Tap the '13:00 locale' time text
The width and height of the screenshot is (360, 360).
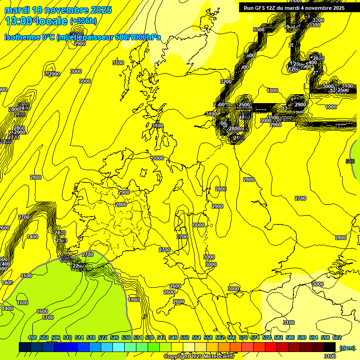37,21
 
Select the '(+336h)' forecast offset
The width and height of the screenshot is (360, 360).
83,21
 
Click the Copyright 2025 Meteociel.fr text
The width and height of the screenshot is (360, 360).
198,356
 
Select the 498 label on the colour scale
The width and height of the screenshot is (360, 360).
32,337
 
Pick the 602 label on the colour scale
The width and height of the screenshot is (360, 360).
337,337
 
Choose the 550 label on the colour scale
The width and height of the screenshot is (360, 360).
185,337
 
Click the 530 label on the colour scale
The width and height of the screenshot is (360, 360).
126,337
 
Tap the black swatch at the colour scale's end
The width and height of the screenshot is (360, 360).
330,347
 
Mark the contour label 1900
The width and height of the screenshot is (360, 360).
134,300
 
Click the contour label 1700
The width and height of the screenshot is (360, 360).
48,317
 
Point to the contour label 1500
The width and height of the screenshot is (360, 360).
26,276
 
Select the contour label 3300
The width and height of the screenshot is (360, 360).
258,30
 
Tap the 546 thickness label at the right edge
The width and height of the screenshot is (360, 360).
350,161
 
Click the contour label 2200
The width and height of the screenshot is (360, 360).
78,266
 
